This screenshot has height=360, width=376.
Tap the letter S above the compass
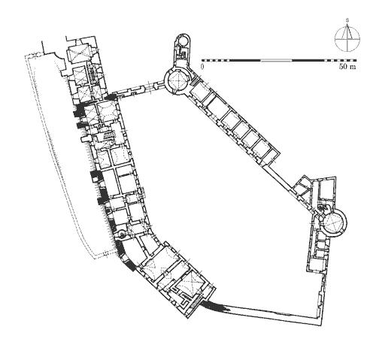pos(347,20)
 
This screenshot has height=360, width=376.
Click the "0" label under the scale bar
pos(202,67)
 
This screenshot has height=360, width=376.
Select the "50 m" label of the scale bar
pos(347,67)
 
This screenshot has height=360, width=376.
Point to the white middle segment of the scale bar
pos(276,60)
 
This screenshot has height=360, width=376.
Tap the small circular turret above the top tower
pos(183,40)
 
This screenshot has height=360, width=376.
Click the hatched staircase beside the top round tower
pos(194,81)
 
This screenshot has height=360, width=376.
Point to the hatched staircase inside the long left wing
pos(110,135)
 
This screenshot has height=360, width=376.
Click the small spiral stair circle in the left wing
pos(122,234)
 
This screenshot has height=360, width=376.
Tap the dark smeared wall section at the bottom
pos(216,306)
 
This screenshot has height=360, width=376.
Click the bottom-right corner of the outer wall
pos(321,325)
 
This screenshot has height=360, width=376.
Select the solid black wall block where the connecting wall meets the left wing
pos(111,98)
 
